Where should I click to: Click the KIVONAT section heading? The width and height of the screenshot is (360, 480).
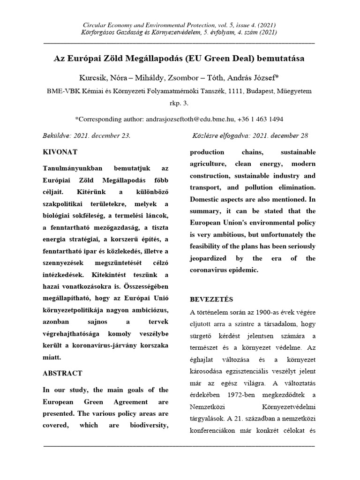coord(60,152)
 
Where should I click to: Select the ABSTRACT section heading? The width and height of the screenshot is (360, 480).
coord(62,373)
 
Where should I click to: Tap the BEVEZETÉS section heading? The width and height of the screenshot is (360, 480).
coord(211,299)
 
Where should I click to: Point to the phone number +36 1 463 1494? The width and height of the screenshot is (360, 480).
coord(262,120)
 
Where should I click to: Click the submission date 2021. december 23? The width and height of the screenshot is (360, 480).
coord(101,135)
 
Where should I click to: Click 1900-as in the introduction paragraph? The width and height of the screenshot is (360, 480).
coord(260,312)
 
